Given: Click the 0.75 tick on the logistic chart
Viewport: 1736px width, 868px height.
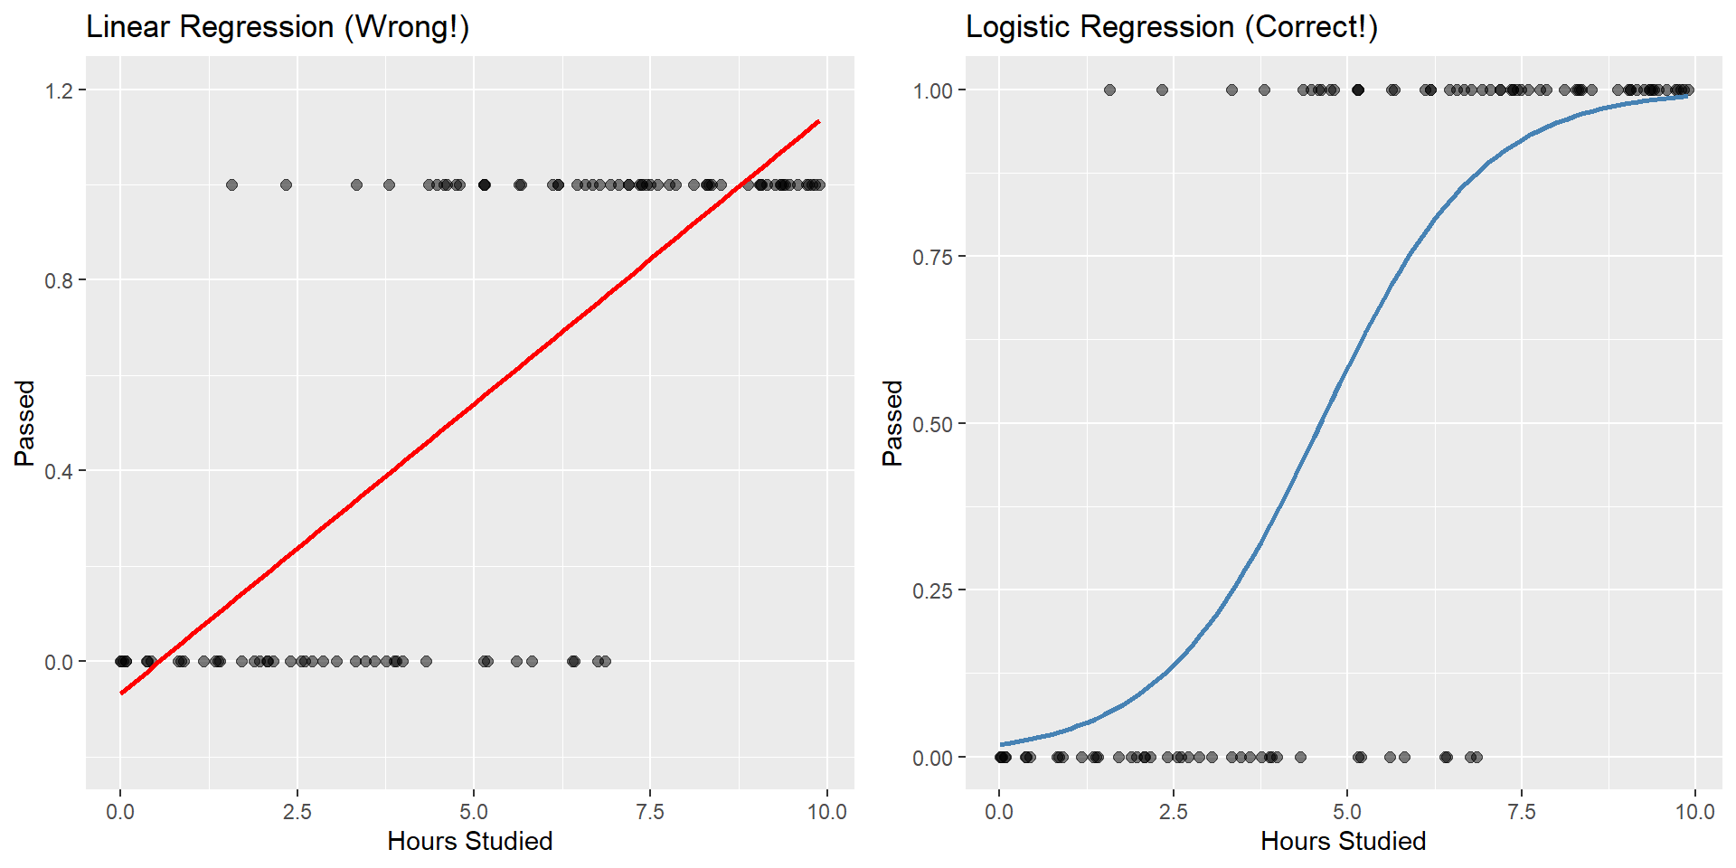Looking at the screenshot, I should [933, 257].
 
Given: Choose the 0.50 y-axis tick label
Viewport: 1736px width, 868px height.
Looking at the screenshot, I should [933, 424].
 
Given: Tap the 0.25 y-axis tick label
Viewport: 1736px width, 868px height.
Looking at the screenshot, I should [933, 590].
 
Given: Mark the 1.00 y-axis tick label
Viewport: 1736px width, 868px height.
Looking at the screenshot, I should [933, 90].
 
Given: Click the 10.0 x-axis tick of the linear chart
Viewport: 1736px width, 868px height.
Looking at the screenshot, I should [826, 812].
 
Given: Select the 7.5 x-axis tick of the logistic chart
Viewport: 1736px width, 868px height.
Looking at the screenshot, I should [1521, 812].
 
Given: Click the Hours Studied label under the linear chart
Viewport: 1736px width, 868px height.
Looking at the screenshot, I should [469, 842].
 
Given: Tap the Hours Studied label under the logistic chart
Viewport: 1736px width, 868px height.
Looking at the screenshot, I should [1343, 842].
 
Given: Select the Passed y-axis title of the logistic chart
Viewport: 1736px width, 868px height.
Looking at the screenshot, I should [892, 423].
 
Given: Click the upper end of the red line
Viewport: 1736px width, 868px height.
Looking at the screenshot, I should [818, 121].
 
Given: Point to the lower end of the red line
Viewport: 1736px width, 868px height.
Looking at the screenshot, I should [121, 693].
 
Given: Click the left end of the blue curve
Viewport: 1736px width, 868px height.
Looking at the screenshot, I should [1002, 744].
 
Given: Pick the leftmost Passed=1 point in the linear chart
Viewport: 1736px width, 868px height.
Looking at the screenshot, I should [231, 184].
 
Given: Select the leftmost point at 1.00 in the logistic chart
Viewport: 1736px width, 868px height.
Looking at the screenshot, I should [1109, 90].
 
